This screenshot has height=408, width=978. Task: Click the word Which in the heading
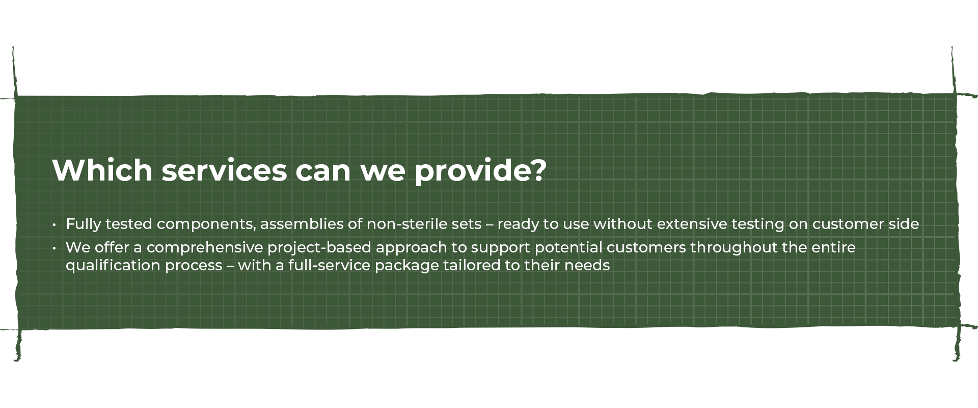point(102,170)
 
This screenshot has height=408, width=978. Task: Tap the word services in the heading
point(224,171)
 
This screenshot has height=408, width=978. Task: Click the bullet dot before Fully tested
point(54,224)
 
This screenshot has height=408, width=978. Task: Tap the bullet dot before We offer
point(54,248)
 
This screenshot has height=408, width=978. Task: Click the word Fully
point(84,224)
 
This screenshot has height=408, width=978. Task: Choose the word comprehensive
point(205,248)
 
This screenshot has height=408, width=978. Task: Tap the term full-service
point(329,265)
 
